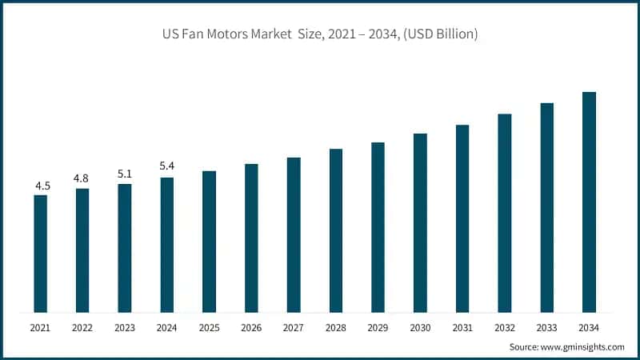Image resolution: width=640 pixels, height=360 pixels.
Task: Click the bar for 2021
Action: (40, 254)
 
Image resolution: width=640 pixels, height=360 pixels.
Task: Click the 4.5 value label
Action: (42, 186)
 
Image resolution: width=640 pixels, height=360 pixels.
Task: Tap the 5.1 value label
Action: (125, 174)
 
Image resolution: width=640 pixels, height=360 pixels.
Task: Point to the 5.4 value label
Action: (167, 166)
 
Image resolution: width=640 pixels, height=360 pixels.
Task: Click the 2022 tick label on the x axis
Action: (82, 328)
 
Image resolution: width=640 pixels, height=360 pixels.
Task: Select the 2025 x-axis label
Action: (209, 328)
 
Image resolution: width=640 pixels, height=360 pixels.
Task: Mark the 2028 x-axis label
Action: (335, 328)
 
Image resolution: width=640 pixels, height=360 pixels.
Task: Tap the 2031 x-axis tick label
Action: (462, 328)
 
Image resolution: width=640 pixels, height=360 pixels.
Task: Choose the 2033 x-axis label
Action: (546, 328)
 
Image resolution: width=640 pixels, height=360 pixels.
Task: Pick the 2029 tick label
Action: (378, 328)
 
